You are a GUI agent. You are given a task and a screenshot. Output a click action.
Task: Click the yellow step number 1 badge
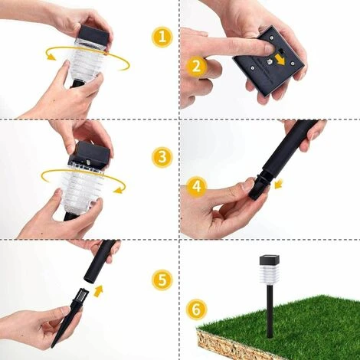161,38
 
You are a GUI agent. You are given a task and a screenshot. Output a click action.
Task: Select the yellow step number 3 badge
161,157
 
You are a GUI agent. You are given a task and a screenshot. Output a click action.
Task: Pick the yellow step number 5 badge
161,280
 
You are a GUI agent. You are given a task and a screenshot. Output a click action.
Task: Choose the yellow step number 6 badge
197,309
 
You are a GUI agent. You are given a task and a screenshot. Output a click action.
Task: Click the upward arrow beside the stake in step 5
98,290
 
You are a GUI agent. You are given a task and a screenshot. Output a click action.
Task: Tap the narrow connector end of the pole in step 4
258,188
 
